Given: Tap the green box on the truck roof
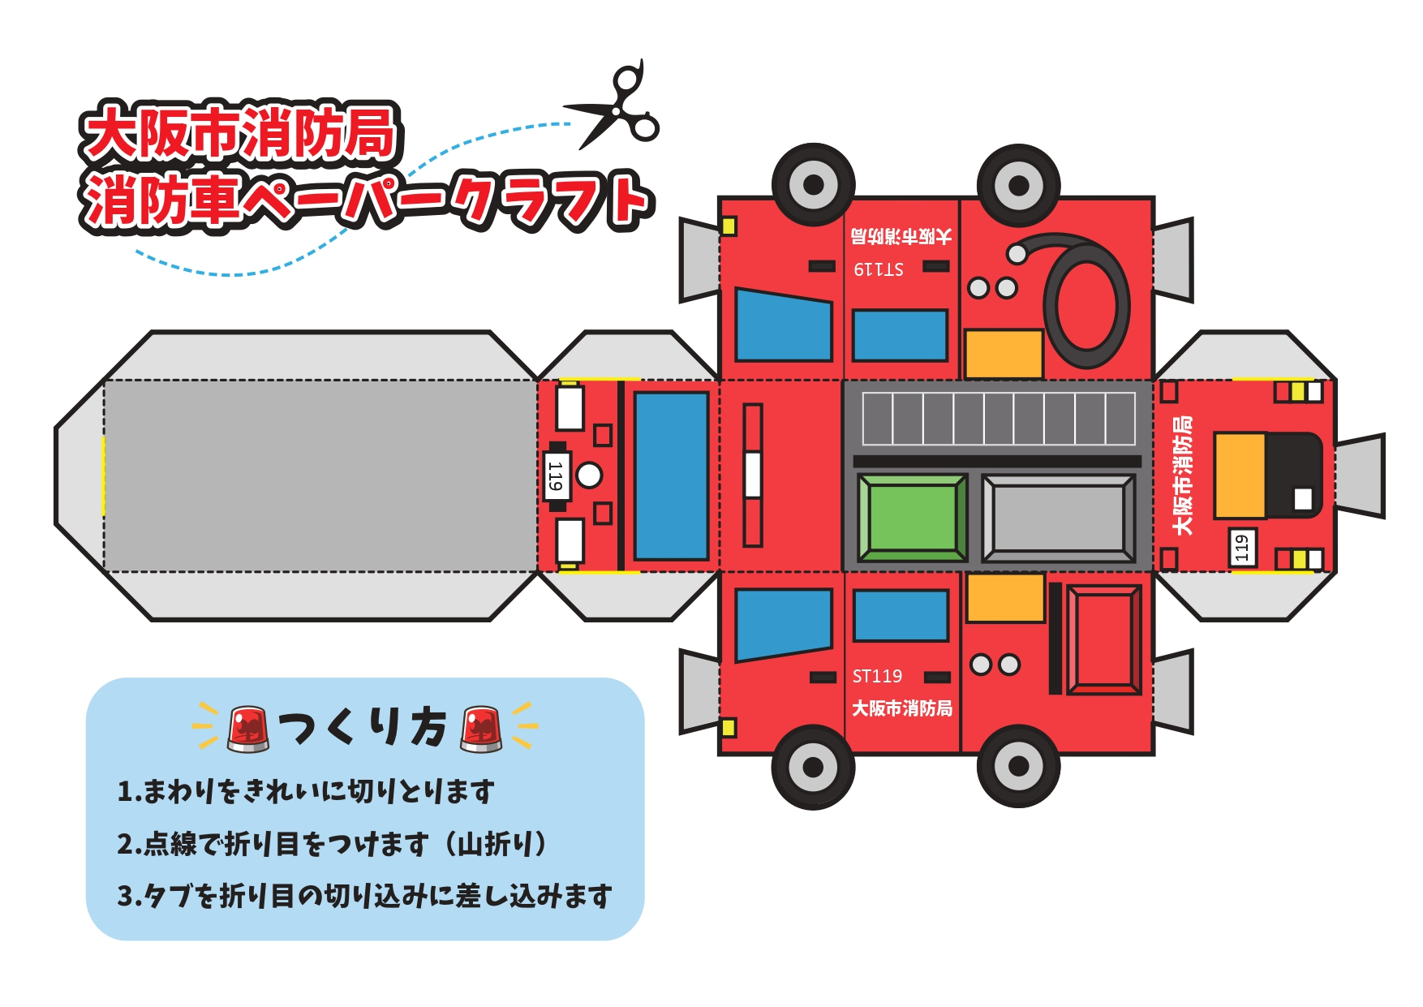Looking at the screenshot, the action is click(x=912, y=518).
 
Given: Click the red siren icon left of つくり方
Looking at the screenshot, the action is click(x=248, y=727).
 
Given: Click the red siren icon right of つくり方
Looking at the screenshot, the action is click(x=481, y=727).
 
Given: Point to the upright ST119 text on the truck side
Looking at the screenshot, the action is click(x=877, y=676).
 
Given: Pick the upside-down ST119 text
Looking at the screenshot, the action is click(x=879, y=269).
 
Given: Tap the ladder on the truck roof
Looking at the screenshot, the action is click(x=999, y=419).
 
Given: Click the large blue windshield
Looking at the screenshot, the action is click(x=672, y=476).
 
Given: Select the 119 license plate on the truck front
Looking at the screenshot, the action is click(x=556, y=476).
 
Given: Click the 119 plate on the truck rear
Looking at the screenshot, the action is click(x=1241, y=548).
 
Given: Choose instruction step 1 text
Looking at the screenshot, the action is click(x=306, y=791).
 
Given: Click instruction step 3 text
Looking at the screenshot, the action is click(x=364, y=896).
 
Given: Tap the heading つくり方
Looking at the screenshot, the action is click(x=363, y=726).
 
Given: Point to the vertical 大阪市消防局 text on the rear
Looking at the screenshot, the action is click(x=1183, y=476).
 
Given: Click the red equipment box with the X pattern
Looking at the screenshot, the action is click(x=1104, y=639).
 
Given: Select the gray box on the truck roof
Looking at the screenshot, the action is click(x=1058, y=519).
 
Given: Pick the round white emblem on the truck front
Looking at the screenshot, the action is click(x=589, y=476).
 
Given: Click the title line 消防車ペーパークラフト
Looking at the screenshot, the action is click(x=367, y=200).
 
